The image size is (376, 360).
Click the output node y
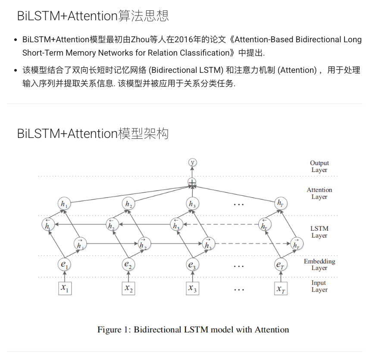click(192, 163)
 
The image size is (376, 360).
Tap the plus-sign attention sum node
click(192, 183)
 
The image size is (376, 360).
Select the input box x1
click(65, 288)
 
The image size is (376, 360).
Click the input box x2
click(128, 288)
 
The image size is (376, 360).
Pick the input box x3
click(192, 288)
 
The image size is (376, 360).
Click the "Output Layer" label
click(319, 166)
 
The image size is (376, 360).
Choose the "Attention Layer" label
click(319, 193)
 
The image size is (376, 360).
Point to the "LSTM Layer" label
click(319, 232)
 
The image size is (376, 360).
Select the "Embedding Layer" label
click(319, 264)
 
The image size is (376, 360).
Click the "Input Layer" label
click(319, 286)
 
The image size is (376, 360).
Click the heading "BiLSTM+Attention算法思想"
click(93, 16)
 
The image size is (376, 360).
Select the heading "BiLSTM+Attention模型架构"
click(93, 133)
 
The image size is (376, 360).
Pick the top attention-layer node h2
click(128, 203)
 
